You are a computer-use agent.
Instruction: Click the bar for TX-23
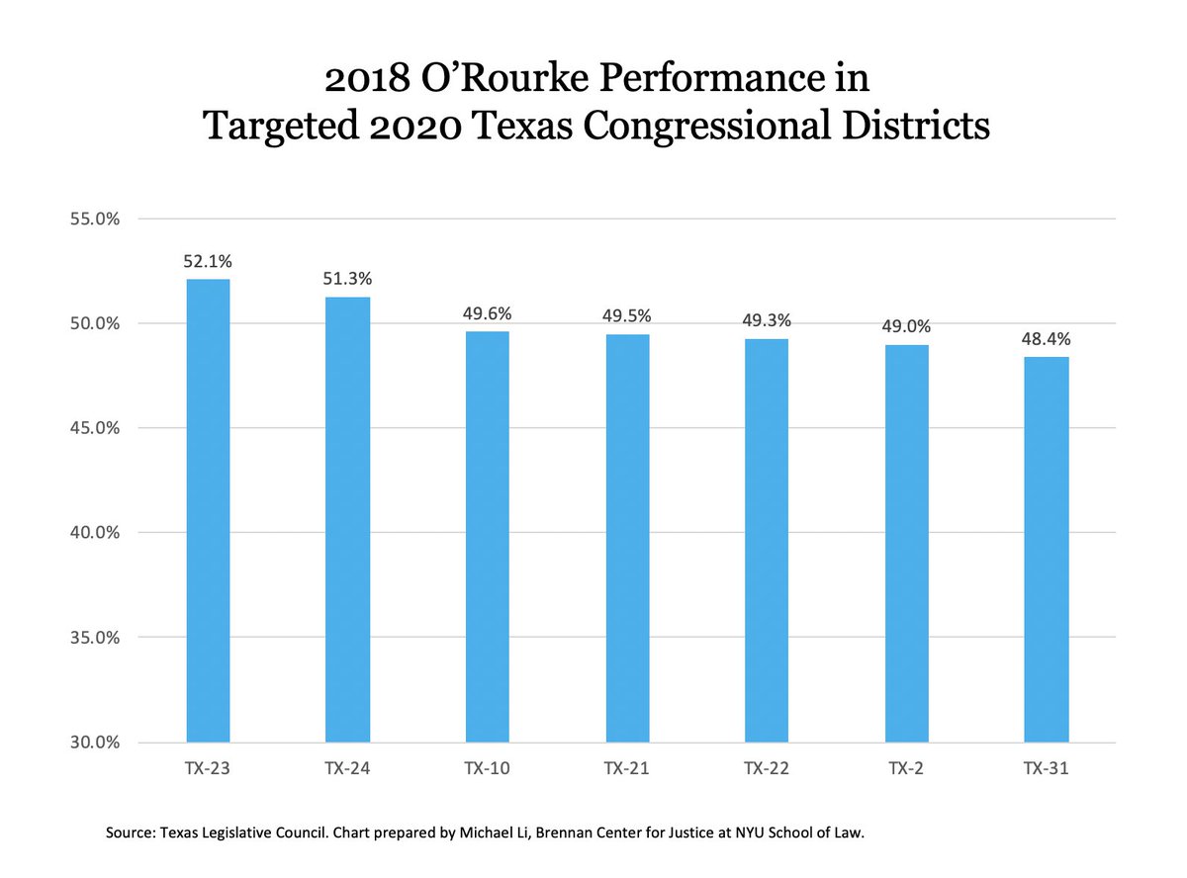pos(208,509)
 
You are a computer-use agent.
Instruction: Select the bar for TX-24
pos(347,519)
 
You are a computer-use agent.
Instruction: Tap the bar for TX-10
pos(488,536)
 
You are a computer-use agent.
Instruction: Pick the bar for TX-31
pos(1046,549)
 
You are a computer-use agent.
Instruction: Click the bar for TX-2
pos(906,543)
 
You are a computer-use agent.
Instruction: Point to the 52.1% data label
pos(208,262)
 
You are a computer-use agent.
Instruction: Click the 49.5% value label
pos(627,316)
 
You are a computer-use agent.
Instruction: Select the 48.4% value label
pos(1046,339)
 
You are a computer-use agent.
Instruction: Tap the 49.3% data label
pos(767,320)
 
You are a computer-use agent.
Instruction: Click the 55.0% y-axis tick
pos(93,219)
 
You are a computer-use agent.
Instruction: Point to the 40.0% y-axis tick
pos(93,533)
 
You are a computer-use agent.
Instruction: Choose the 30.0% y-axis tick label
pos(93,743)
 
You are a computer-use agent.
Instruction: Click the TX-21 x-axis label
pos(627,767)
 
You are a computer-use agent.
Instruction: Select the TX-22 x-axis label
pos(767,767)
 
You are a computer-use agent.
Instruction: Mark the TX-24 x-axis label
pos(347,767)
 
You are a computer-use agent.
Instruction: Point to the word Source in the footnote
pos(130,834)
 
